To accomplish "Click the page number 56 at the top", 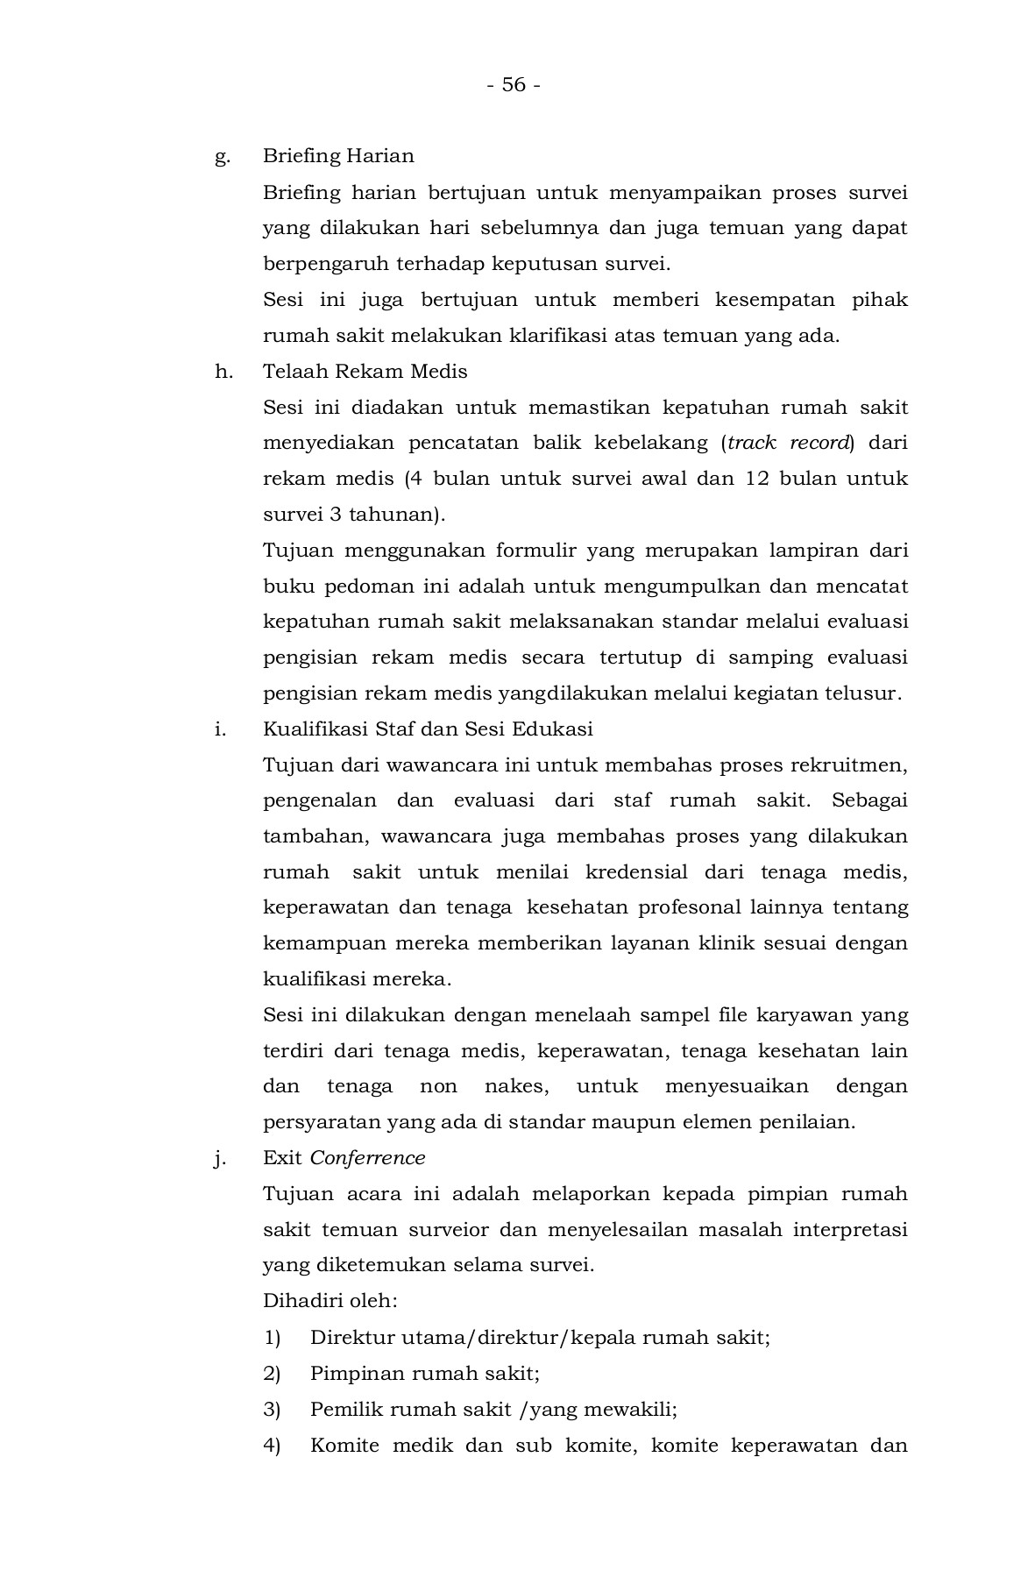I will tap(514, 85).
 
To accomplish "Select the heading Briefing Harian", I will tap(338, 156).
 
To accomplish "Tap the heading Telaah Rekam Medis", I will tap(365, 372).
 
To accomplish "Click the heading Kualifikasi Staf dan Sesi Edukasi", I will tap(428, 729).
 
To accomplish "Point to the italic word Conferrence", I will tap(367, 1158).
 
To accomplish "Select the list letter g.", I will tap(223, 157).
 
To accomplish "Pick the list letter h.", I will tap(223, 372).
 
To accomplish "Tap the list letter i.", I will tap(221, 729).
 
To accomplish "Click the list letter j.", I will tap(220, 1159).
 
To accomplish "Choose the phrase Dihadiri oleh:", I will tap(330, 1301).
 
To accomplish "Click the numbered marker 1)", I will tap(272, 1338).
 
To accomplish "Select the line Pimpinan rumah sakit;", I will tap(424, 1374).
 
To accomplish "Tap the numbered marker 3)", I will tap(272, 1410).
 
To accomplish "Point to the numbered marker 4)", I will tap(272, 1446).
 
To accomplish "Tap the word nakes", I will tap(516, 1087).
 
